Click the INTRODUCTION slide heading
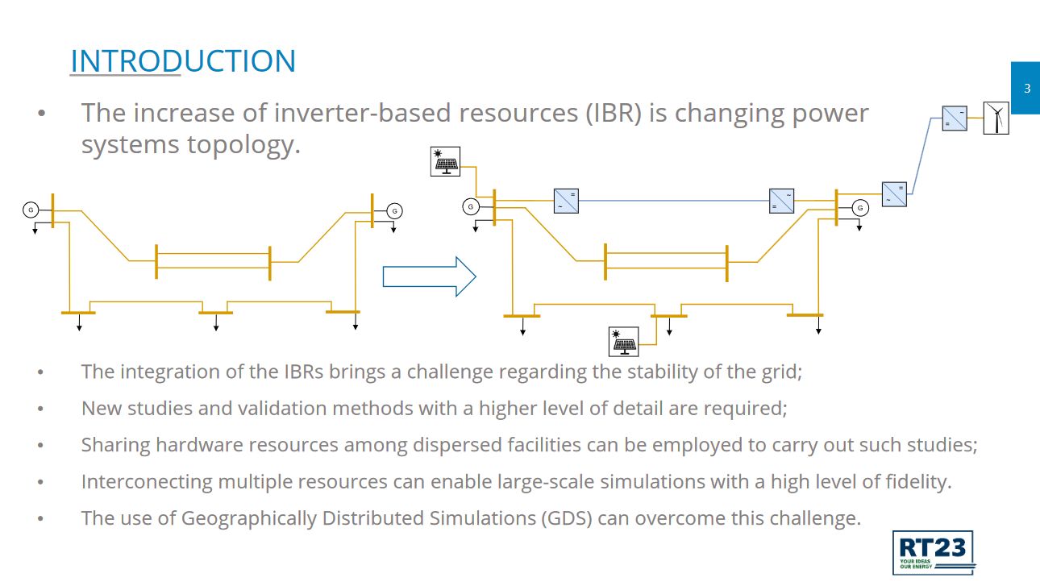click(183, 60)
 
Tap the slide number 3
click(1027, 88)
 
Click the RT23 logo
click(933, 553)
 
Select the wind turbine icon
click(996, 118)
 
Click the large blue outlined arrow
click(429, 276)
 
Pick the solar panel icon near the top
click(445, 161)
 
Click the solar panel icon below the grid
click(623, 342)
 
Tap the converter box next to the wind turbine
click(955, 118)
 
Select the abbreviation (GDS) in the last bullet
click(567, 518)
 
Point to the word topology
click(243, 145)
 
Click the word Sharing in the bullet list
click(115, 445)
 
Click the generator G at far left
click(31, 210)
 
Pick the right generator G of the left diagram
click(395, 211)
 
